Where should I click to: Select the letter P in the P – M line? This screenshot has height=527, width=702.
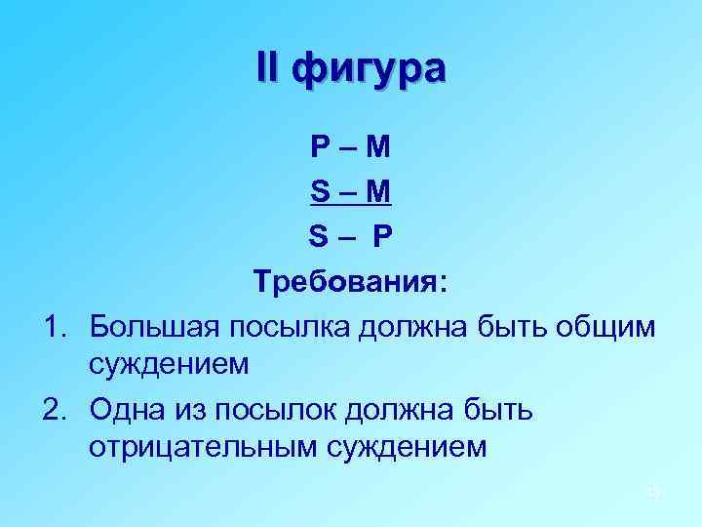tap(321, 149)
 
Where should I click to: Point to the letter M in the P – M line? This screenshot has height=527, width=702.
tap(376, 149)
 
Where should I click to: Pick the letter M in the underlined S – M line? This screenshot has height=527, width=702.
tap(376, 191)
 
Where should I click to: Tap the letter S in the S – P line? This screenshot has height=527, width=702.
tap(320, 235)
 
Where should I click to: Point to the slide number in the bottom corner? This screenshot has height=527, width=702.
tap(653, 493)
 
